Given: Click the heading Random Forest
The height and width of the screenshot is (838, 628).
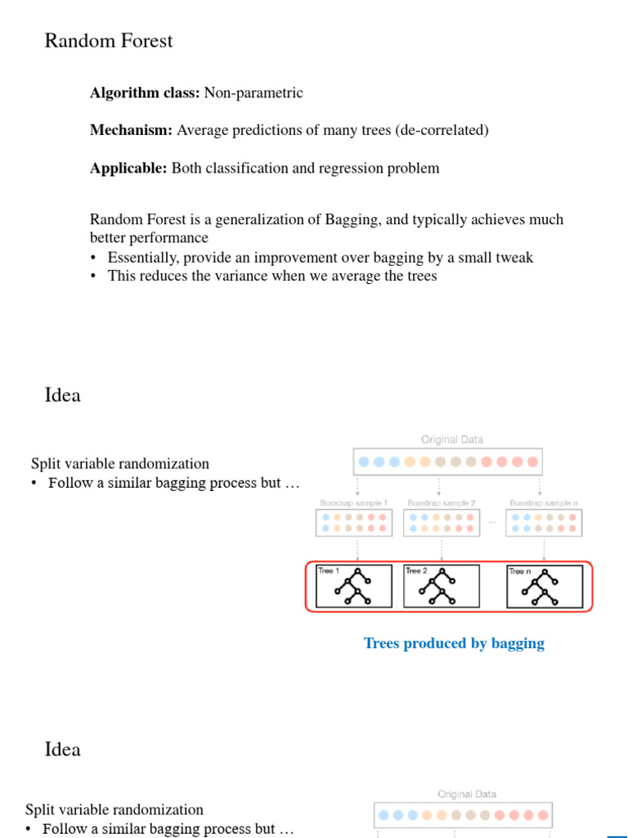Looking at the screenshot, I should click(108, 41).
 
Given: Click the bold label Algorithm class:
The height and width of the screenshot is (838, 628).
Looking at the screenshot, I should click(145, 93).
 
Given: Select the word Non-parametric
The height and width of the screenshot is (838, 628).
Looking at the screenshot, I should click(253, 93).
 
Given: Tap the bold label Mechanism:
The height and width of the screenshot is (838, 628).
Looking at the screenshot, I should click(132, 131).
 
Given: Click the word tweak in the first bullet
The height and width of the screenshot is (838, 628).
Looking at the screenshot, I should click(514, 258).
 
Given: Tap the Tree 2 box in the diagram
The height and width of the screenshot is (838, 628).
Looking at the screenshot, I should click(442, 586).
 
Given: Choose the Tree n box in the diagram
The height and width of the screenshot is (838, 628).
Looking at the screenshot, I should click(544, 586).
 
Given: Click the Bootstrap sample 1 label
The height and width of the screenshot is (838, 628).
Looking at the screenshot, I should click(353, 502).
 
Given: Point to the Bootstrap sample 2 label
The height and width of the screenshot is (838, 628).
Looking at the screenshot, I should click(442, 502).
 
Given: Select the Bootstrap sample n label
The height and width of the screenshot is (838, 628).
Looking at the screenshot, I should click(544, 502).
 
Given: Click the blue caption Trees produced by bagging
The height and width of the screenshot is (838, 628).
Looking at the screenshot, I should click(454, 643).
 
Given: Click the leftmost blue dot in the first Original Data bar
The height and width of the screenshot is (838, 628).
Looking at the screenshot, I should click(363, 462).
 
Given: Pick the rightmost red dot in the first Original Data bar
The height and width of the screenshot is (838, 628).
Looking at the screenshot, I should click(533, 462).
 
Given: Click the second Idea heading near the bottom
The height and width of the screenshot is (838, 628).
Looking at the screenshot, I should click(62, 750).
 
